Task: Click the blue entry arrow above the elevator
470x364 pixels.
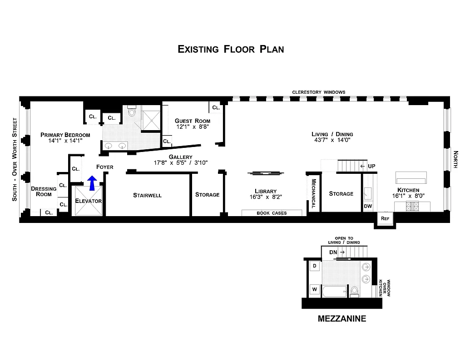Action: click(92, 183)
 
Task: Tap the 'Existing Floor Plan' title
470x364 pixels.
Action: click(231, 49)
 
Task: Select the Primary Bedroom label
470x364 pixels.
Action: click(65, 135)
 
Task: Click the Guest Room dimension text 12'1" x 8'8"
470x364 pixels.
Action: click(193, 127)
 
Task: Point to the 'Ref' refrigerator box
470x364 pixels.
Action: click(385, 218)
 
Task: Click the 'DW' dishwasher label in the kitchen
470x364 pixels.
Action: click(367, 206)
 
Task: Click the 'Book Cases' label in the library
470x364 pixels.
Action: click(272, 213)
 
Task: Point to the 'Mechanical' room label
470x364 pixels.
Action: click(313, 193)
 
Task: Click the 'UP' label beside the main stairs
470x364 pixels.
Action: click(371, 166)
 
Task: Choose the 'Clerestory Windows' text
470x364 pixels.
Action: click(318, 92)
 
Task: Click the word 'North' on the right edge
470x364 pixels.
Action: click(455, 160)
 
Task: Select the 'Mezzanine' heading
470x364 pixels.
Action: click(341, 319)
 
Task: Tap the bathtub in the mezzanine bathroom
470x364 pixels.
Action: click(335, 291)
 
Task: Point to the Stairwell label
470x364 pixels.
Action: click(147, 195)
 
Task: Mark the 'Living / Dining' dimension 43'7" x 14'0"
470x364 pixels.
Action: click(332, 141)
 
